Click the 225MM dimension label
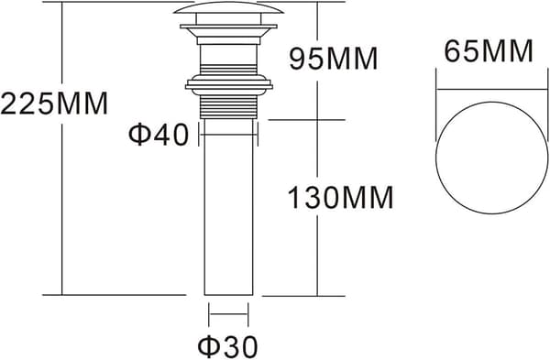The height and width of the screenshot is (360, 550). (x=54, y=104)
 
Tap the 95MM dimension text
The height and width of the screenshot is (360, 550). (x=334, y=59)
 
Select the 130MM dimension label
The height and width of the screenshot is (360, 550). (x=340, y=198)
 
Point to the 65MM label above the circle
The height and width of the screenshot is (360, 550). (x=489, y=51)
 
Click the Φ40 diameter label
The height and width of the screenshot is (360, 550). (x=159, y=135)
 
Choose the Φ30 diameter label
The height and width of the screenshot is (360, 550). (x=227, y=346)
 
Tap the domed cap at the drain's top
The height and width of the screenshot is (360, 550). (x=228, y=8)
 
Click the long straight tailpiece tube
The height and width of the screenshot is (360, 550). (x=228, y=207)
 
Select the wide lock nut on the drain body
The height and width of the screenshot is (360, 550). (x=228, y=84)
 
